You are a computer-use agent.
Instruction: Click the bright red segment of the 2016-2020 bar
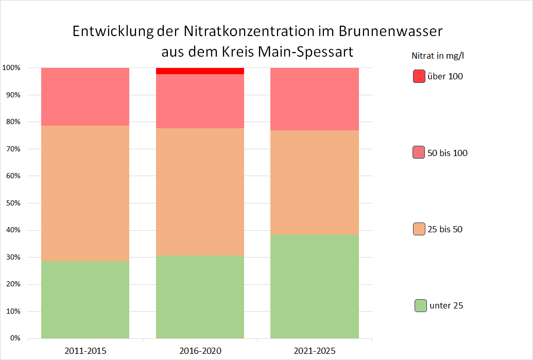pyautogui.click(x=200, y=71)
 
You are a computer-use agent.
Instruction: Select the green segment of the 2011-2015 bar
pyautogui.click(x=85, y=300)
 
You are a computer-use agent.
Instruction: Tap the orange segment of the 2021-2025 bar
pyautogui.click(x=315, y=182)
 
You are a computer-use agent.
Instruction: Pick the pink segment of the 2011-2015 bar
pyautogui.click(x=85, y=97)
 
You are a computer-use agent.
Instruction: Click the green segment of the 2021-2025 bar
pyautogui.click(x=315, y=286)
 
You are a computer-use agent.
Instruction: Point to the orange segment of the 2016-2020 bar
pyautogui.click(x=200, y=192)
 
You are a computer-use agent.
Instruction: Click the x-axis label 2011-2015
pyautogui.click(x=85, y=351)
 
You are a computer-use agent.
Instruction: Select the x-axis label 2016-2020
pyautogui.click(x=200, y=351)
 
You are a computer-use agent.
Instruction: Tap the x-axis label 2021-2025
pyautogui.click(x=315, y=351)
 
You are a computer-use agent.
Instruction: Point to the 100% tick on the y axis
pyautogui.click(x=11, y=68)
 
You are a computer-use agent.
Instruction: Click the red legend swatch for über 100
pyautogui.click(x=419, y=76)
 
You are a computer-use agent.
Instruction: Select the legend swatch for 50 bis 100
pyautogui.click(x=419, y=152)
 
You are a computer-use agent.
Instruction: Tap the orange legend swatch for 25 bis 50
pyautogui.click(x=419, y=229)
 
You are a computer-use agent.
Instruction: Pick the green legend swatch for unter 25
pyautogui.click(x=420, y=305)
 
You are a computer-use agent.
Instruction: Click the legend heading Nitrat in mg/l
pyautogui.click(x=441, y=55)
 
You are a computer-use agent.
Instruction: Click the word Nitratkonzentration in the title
pyautogui.click(x=252, y=31)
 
